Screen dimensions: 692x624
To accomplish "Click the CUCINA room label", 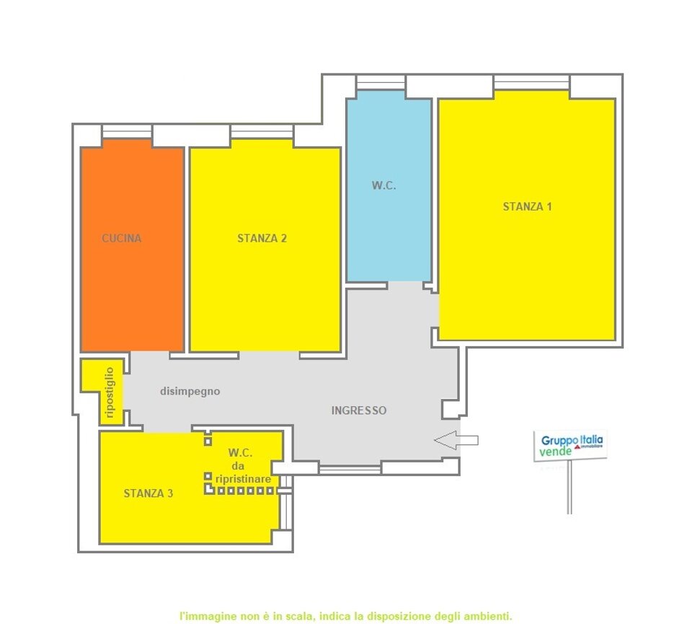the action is point(121,239).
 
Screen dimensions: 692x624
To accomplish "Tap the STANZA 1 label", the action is point(528,206).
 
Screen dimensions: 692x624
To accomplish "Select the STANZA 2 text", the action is point(262,239).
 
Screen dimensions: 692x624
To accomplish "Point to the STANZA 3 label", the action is point(148,493).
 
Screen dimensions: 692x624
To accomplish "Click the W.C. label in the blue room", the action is point(383,185).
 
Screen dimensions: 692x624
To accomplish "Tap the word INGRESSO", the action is point(359,410).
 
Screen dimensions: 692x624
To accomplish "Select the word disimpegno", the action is point(190,391).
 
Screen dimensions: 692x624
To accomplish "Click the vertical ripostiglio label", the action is point(110,392).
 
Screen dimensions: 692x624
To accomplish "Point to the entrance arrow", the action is point(456,440).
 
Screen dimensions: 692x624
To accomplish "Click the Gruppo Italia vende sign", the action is point(570,446).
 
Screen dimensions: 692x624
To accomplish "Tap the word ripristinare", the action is point(243,479).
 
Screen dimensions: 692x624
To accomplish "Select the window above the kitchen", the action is point(127,131).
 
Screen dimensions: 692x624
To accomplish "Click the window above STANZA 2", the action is point(262,131).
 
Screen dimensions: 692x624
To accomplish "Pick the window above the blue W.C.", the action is point(381,82).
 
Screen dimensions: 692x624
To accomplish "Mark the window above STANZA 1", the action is point(532,82).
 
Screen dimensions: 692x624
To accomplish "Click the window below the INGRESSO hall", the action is point(350,469).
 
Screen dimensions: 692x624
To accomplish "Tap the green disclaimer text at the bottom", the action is point(345,615).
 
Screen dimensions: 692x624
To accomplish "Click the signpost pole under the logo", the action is point(569,488).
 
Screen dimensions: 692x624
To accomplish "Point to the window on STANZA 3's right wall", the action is point(286,502).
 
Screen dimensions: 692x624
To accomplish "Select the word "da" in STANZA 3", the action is point(238,466).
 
